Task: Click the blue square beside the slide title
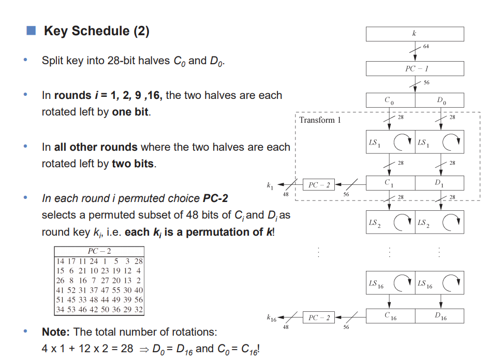[x=31, y=31]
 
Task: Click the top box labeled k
[x=415, y=34]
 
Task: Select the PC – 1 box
[x=415, y=68]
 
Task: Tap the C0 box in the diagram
[x=390, y=100]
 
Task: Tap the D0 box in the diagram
[x=439, y=100]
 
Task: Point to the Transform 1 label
[x=320, y=120]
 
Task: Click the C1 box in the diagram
[x=390, y=183]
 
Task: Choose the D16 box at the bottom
[x=439, y=316]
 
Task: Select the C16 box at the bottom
[x=390, y=316]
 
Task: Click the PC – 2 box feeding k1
[x=319, y=184]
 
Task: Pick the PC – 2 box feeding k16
[x=319, y=318]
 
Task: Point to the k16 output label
[x=272, y=317]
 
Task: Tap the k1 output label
[x=270, y=184]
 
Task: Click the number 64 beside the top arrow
[x=426, y=46]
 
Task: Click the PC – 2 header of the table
[x=99, y=251]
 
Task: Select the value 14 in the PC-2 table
[x=60, y=261]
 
